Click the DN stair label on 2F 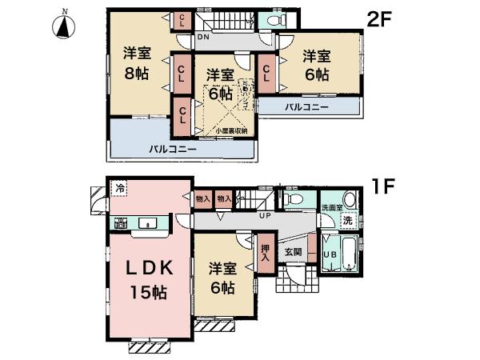pyautogui.click(x=203, y=38)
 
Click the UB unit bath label pyautogui.click(x=328, y=255)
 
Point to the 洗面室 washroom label pyautogui.click(x=331, y=207)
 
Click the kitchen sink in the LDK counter pyautogui.click(x=148, y=223)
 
